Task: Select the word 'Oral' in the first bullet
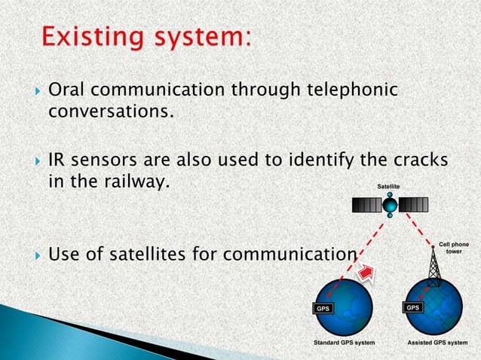(63, 91)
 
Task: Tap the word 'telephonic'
(351, 91)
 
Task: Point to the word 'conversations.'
(111, 113)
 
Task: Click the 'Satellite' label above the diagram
(389, 185)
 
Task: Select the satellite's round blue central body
(390, 205)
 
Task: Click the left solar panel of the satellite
(366, 204)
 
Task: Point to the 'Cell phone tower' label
(454, 248)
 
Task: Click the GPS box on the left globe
(322, 308)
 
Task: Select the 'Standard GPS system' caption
(344, 342)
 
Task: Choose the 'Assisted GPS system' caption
(437, 342)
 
